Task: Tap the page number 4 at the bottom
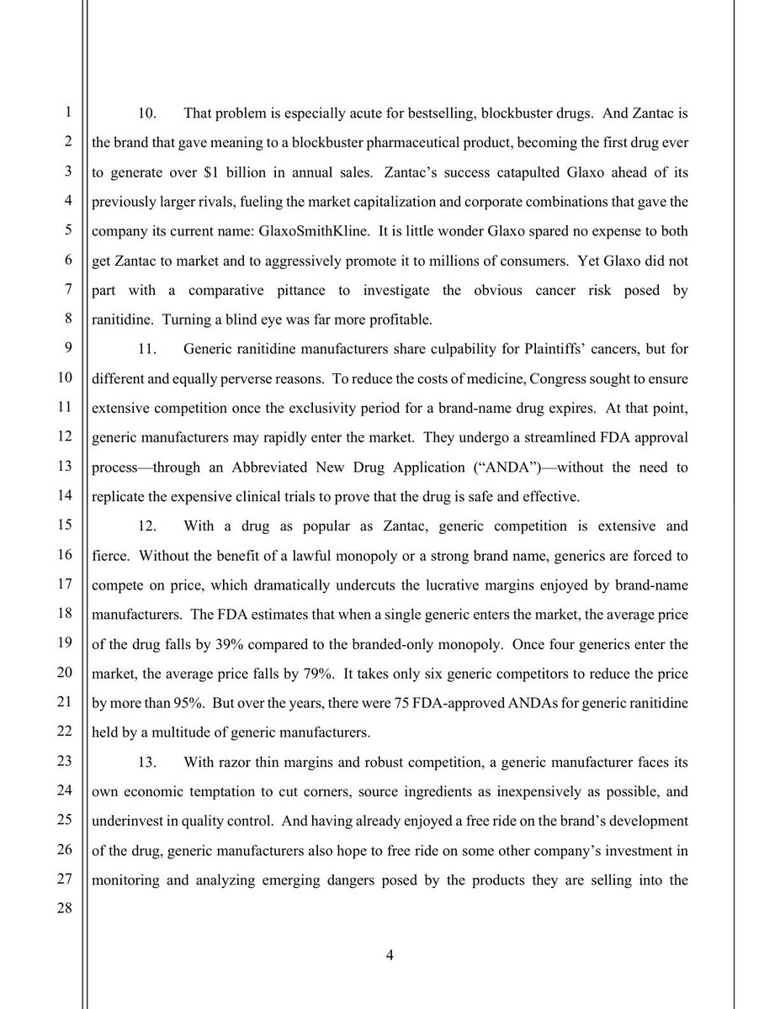click(390, 954)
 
